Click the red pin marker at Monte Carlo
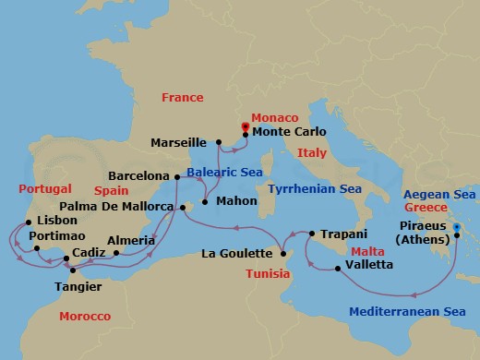point(245,127)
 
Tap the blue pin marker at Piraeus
point(456,226)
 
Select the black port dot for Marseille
point(219,142)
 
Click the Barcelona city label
point(139,174)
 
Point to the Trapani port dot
point(312,234)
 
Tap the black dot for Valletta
point(338,269)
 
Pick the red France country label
point(182,97)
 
